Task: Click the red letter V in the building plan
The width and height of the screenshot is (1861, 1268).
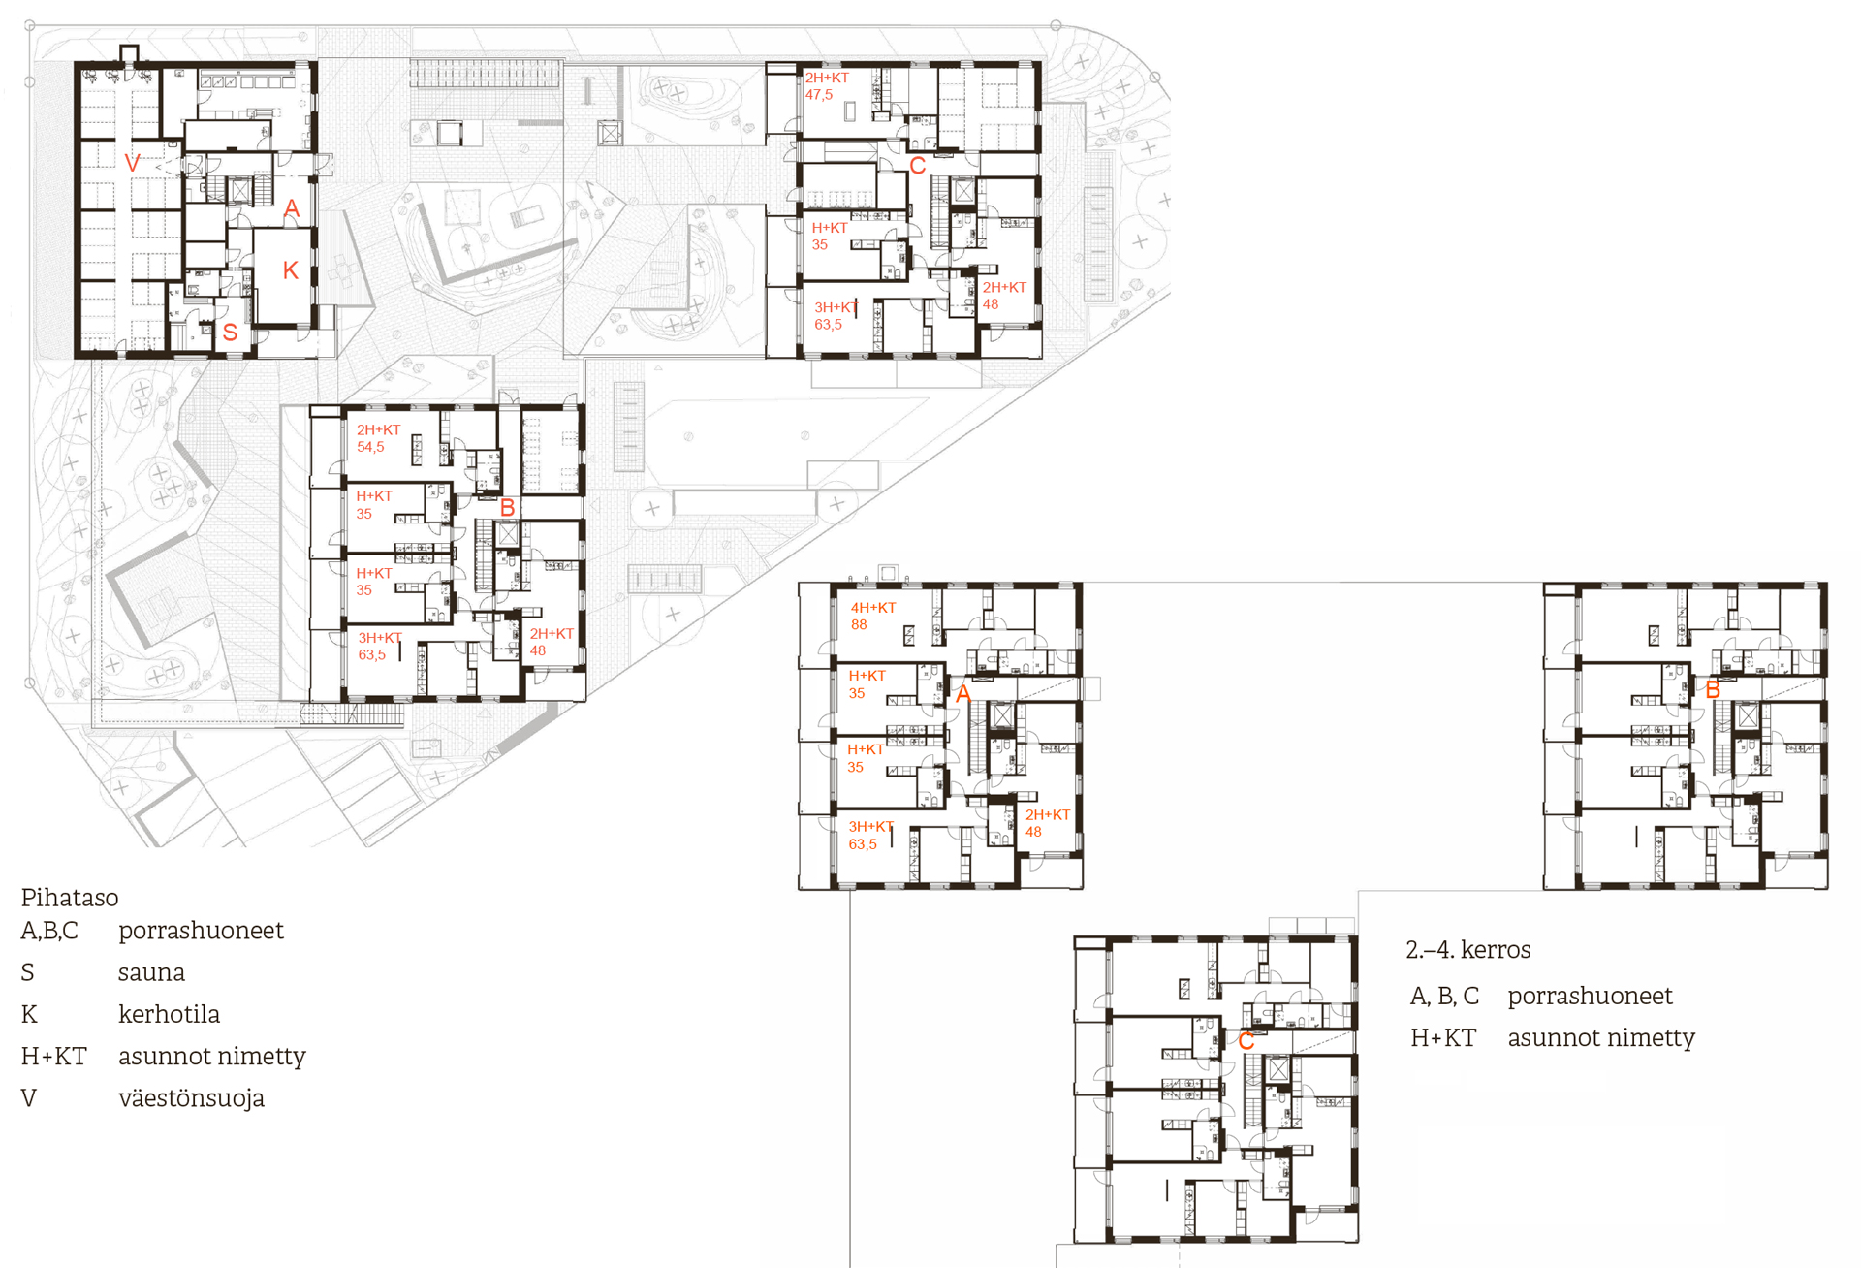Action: pyautogui.click(x=133, y=163)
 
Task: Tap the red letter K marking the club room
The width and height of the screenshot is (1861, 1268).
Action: pyautogui.click(x=291, y=270)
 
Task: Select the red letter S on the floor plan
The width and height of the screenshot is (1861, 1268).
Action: pyautogui.click(x=230, y=333)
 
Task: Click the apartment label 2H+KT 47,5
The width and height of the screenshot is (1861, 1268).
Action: pyautogui.click(x=827, y=86)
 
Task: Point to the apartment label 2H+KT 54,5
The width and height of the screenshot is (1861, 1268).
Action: pyautogui.click(x=378, y=438)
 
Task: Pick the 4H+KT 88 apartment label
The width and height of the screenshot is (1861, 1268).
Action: pyautogui.click(x=873, y=616)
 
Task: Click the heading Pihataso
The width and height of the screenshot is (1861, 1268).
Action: pyautogui.click(x=70, y=898)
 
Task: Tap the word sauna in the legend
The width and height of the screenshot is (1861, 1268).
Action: pyautogui.click(x=151, y=972)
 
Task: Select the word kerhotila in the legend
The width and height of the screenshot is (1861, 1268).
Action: pyautogui.click(x=169, y=1014)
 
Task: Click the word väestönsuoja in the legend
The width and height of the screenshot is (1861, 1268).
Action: pyautogui.click(x=191, y=1098)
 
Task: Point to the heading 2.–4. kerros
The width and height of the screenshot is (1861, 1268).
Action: pyautogui.click(x=1468, y=950)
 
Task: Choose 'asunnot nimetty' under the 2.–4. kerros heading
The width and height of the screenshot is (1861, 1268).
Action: pyautogui.click(x=1601, y=1038)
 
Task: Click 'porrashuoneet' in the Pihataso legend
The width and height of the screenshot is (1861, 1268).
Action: pyautogui.click(x=201, y=931)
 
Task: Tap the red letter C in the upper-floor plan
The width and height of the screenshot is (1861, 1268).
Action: pyautogui.click(x=1246, y=1042)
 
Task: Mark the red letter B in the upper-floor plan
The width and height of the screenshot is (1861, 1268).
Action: pyautogui.click(x=1713, y=690)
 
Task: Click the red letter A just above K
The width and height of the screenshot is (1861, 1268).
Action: pyautogui.click(x=292, y=208)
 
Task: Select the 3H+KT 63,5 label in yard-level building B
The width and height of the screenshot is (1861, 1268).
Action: pyautogui.click(x=380, y=647)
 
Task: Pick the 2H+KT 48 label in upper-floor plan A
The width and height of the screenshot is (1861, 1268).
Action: pyautogui.click(x=1048, y=823)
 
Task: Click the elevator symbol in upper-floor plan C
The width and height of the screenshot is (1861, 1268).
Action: pyautogui.click(x=1278, y=1069)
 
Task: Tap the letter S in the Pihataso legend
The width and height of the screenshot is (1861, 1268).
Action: pyautogui.click(x=28, y=972)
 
